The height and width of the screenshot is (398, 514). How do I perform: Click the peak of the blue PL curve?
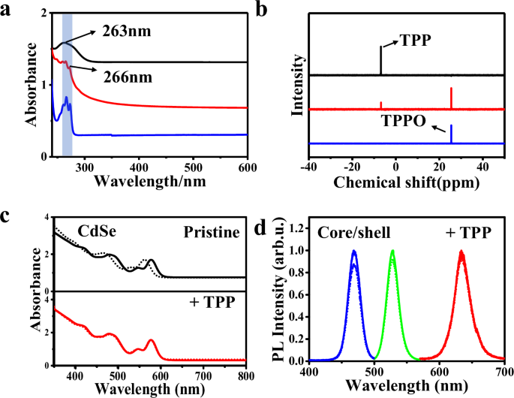(x=353, y=252)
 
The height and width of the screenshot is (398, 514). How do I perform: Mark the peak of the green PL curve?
(x=392, y=252)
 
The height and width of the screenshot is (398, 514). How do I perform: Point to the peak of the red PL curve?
(x=473, y=252)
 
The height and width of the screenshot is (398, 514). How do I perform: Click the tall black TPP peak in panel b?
(x=380, y=60)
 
